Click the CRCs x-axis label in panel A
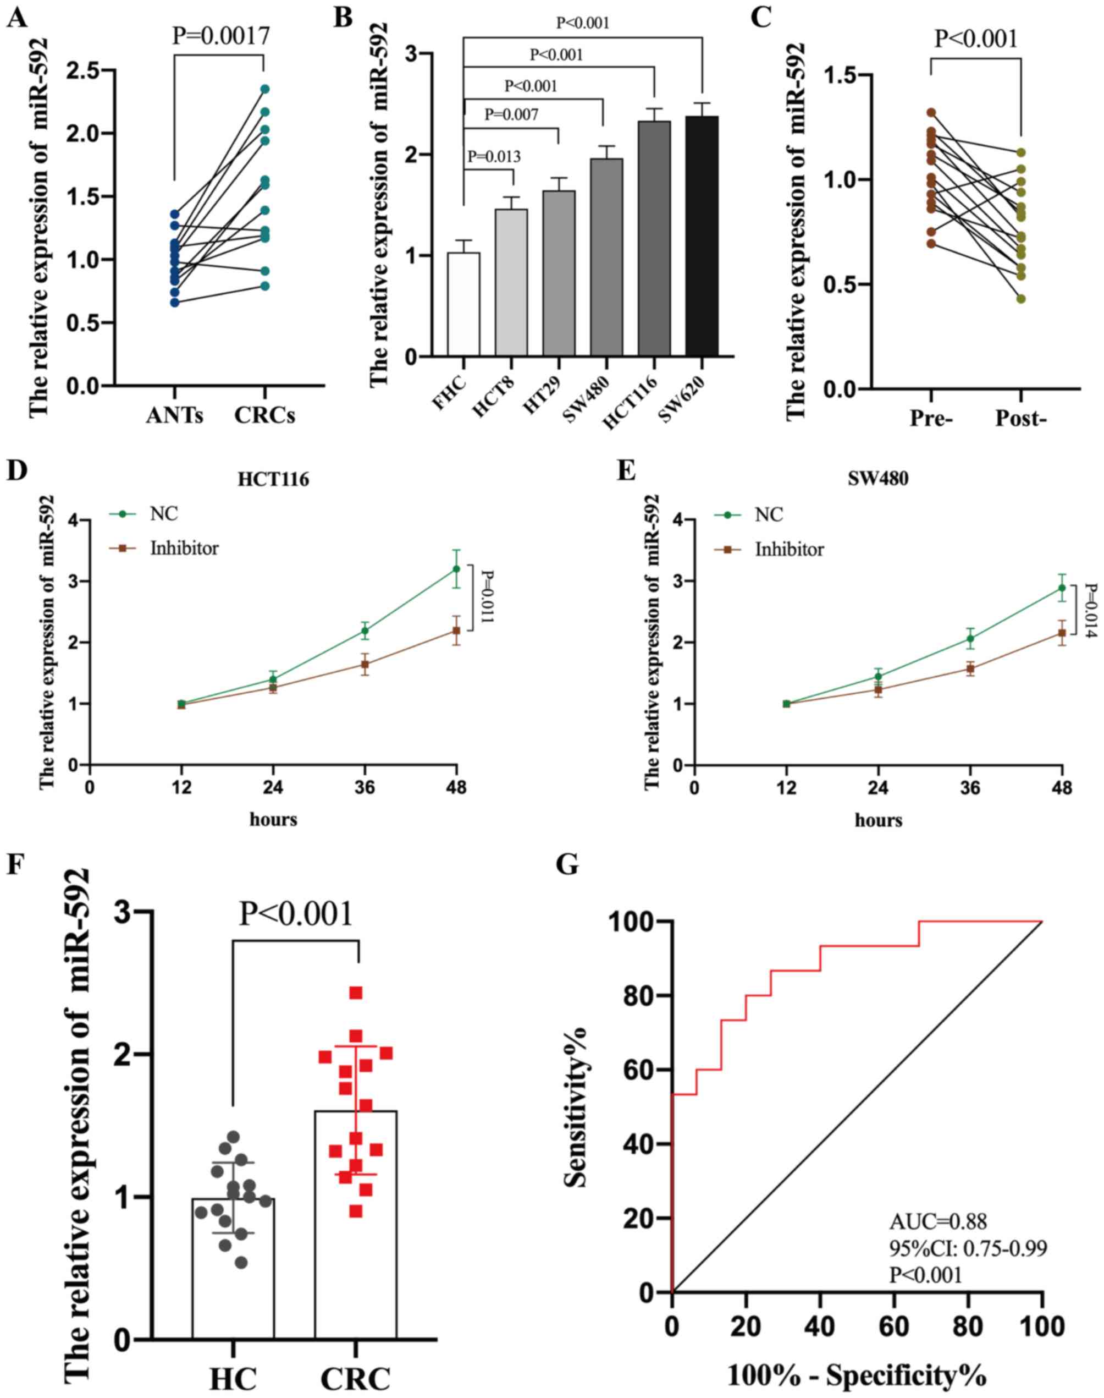click(264, 415)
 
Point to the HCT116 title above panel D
click(273, 481)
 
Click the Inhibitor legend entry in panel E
click(789, 550)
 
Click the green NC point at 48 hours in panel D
click(456, 569)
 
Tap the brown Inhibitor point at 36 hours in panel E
click(969, 669)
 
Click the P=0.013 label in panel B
click(494, 156)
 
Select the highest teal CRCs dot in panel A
click(264, 89)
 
